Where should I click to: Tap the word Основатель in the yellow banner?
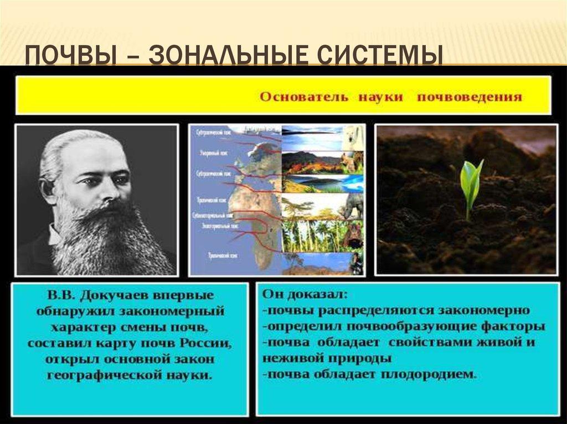304,97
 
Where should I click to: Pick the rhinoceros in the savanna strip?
352,207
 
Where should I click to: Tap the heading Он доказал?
301,293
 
